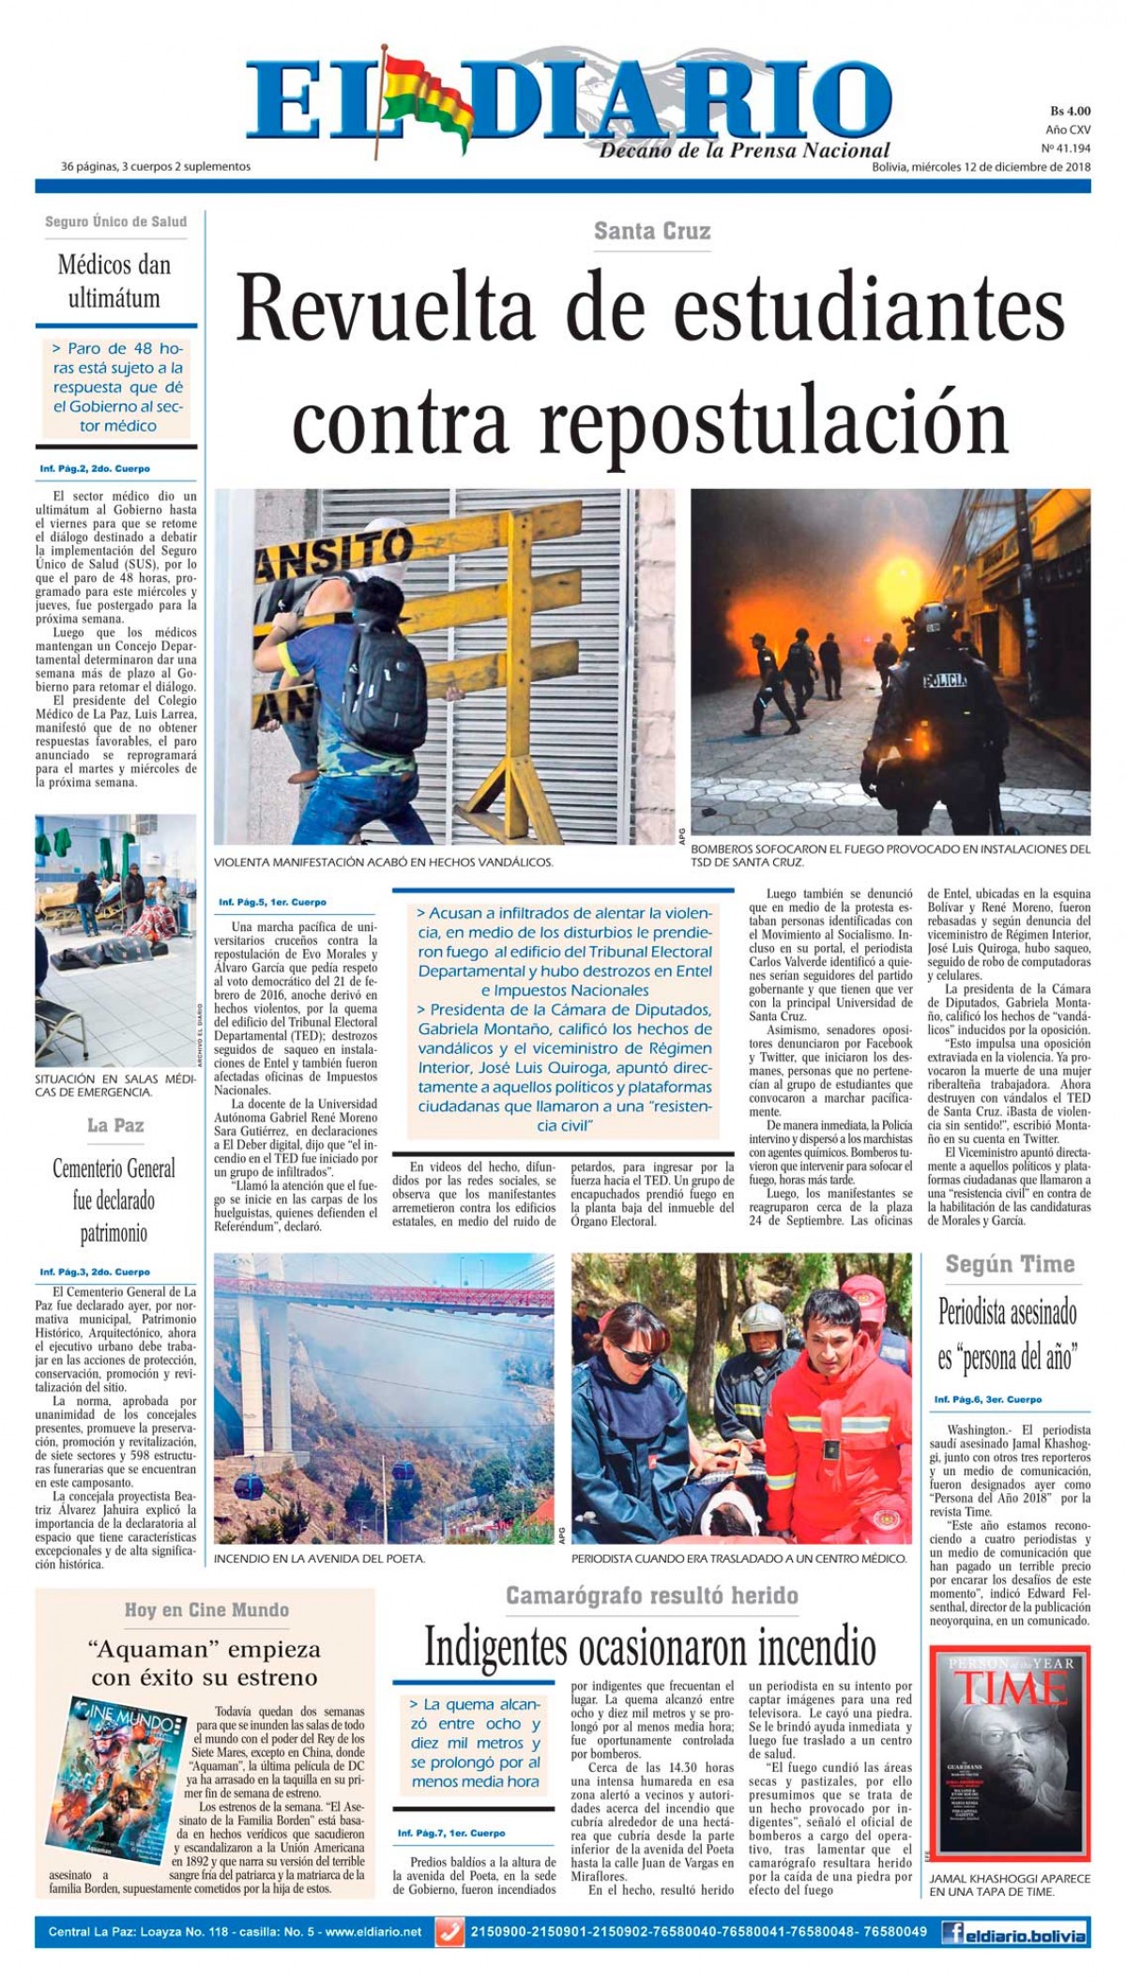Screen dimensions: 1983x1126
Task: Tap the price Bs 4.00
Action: click(1070, 111)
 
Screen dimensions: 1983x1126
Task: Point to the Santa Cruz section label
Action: click(652, 231)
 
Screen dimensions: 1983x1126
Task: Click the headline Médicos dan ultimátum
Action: click(114, 281)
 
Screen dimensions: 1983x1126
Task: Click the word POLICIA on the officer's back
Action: click(945, 679)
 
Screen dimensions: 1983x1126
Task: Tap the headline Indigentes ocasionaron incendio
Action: click(650, 1645)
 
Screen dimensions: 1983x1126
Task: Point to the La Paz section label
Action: click(115, 1124)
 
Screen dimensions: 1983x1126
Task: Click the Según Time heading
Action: click(1009, 1263)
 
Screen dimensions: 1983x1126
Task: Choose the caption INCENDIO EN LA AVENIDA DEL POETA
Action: click(320, 1558)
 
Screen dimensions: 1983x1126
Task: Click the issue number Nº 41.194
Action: click(1065, 148)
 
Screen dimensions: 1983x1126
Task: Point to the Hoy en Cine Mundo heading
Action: click(206, 1609)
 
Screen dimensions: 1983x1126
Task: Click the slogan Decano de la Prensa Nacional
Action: click(744, 150)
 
